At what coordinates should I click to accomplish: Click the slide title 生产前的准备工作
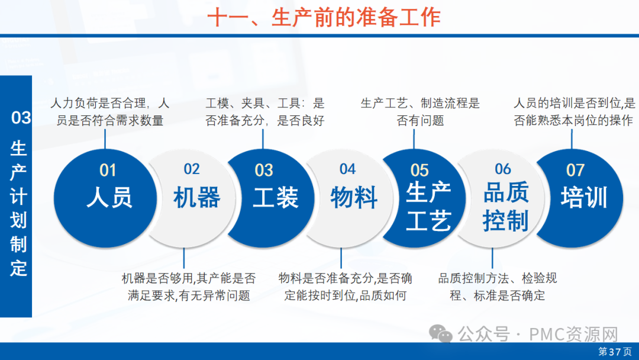point(356,18)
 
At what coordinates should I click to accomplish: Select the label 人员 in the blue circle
point(109,197)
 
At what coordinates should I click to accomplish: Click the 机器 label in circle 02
point(197,197)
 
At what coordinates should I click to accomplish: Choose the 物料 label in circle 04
point(354,197)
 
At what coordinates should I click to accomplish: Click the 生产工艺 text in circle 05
point(428,206)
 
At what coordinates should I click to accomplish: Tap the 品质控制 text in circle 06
point(506,206)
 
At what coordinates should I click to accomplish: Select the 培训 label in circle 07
point(584,197)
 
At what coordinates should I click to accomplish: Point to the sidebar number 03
point(21,118)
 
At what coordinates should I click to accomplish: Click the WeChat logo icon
point(441,333)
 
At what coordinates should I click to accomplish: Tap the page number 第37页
point(615,352)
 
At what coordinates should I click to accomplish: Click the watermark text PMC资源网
point(573,335)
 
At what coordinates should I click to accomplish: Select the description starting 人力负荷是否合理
point(109,112)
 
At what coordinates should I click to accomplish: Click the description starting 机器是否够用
point(189,287)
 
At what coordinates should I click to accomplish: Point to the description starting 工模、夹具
point(265,112)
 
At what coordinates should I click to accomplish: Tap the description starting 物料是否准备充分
point(346,287)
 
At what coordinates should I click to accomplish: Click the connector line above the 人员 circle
point(105,139)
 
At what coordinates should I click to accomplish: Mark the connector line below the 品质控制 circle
point(492,258)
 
